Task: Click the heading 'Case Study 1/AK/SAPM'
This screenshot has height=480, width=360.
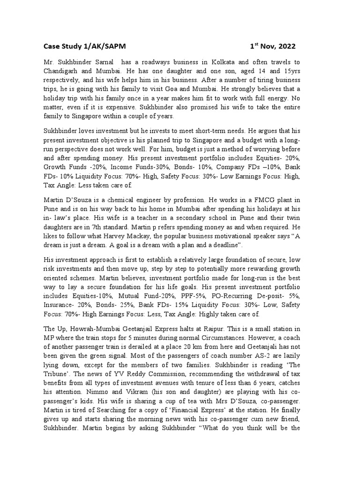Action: point(84,46)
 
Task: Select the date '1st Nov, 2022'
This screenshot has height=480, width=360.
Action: point(272,46)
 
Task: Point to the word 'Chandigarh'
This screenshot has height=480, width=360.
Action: point(63,71)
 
